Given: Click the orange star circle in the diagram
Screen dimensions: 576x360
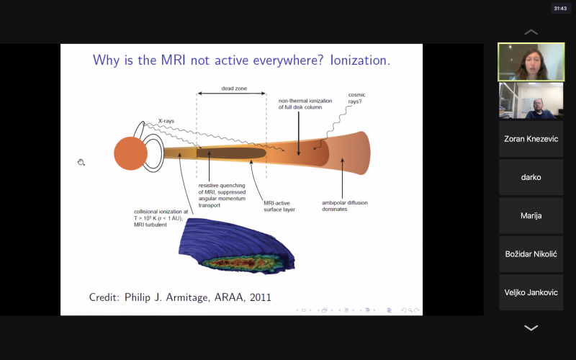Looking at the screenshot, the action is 130,153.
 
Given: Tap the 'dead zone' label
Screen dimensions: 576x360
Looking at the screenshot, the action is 234,89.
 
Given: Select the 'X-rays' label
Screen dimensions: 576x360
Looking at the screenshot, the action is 166,121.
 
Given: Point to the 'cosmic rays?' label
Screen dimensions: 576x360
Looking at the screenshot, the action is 356,98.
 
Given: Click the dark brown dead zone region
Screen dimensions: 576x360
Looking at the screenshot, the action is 231,153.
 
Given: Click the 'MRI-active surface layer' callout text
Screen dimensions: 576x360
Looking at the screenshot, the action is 279,206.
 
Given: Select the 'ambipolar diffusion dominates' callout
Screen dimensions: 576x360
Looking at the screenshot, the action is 345,206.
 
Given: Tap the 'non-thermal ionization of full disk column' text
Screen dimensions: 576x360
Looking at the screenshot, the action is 305,104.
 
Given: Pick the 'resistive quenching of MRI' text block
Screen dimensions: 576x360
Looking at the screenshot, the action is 222,195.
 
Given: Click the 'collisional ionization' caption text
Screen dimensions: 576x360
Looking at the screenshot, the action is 161,218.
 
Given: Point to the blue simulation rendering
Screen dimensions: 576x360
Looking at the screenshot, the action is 237,246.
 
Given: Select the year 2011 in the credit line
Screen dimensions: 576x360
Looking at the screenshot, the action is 261,297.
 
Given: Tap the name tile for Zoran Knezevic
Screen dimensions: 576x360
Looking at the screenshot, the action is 531,139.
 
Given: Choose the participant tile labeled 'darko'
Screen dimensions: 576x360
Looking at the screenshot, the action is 531,177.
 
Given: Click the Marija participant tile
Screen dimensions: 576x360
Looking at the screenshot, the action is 531,215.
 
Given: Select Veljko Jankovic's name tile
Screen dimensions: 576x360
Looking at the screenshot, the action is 531,292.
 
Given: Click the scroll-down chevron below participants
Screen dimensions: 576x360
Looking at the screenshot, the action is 531,328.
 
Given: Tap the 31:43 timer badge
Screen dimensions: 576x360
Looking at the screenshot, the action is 560,9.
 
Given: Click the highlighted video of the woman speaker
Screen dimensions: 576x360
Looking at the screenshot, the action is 531,62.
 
